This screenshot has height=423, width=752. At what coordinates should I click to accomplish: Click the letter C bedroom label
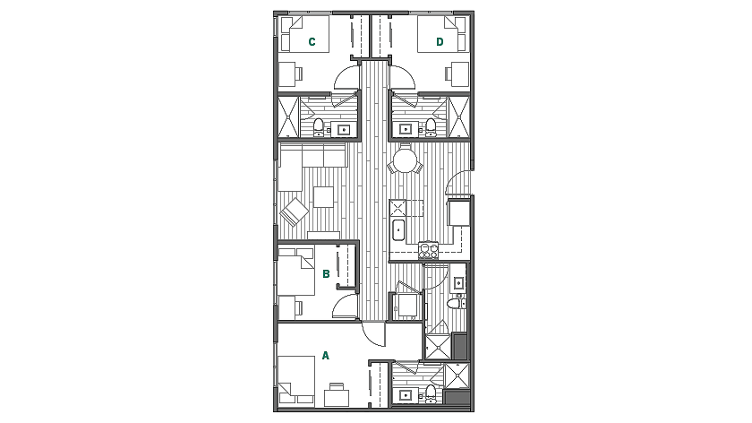(312, 41)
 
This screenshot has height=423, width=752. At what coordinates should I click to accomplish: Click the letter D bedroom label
(440, 41)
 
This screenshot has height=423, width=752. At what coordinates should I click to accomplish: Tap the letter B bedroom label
(327, 274)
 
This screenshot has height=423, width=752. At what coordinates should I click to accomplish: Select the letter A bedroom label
(326, 356)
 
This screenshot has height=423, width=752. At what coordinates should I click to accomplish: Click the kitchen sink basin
(399, 229)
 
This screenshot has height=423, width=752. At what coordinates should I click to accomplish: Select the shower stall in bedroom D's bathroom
(459, 117)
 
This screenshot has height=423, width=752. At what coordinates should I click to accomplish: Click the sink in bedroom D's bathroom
(406, 129)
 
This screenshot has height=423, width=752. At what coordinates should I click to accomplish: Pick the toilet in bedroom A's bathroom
(430, 393)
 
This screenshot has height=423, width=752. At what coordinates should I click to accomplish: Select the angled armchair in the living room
(294, 212)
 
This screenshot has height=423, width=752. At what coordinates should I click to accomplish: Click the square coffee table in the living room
(323, 195)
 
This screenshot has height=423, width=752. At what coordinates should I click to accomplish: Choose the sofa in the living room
(314, 158)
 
